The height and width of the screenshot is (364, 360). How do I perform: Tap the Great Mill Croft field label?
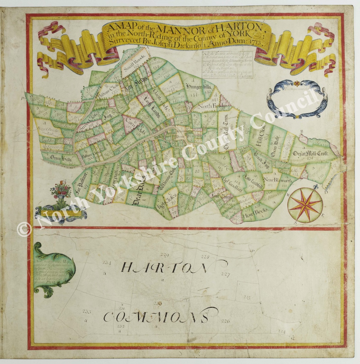click(312, 154)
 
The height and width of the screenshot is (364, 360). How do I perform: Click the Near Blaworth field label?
click(277, 180)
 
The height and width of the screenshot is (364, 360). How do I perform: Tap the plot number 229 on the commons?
click(165, 255)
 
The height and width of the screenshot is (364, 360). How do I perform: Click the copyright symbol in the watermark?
click(23, 229)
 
